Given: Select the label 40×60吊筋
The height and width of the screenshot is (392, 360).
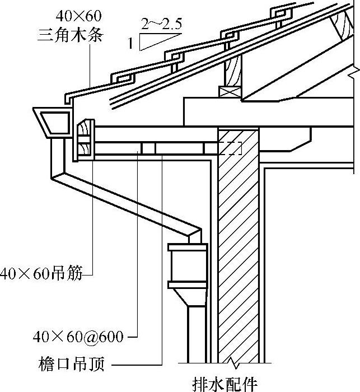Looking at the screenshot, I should click(x=41, y=274).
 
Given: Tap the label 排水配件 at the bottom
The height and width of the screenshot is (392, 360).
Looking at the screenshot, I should click(x=224, y=384).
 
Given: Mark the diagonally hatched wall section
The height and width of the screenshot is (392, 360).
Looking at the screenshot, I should click(x=238, y=252).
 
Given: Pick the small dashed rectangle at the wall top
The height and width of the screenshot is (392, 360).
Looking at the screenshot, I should click(x=231, y=148).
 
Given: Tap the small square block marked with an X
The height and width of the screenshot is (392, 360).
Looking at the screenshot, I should click(x=229, y=91).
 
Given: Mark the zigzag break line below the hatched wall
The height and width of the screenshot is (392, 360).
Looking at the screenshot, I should click(x=238, y=362).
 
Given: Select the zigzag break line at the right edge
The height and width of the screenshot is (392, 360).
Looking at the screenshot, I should click(x=353, y=73).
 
